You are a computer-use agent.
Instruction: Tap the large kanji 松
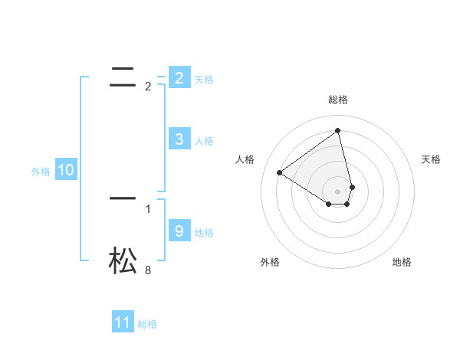tap(123, 260)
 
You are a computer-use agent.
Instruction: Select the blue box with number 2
tap(179, 78)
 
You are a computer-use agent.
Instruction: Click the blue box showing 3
tap(179, 139)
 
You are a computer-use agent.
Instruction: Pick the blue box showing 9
tap(179, 231)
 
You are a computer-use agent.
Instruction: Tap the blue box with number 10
tap(66, 171)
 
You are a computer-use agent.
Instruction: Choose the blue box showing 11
tap(123, 322)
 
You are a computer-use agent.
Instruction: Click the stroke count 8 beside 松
tap(148, 270)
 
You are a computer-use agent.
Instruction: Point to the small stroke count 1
tap(148, 208)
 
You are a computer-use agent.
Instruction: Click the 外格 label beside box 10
tap(41, 172)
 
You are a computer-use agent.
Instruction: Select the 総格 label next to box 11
tap(147, 324)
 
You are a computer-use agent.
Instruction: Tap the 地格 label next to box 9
tap(204, 233)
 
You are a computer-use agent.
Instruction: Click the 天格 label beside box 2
tap(204, 80)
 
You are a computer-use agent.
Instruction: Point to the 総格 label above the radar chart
tap(338, 100)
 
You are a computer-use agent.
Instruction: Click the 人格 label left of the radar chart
tap(245, 159)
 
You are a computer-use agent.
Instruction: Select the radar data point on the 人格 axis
tap(280, 172)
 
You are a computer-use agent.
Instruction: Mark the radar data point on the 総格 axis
tap(338, 130)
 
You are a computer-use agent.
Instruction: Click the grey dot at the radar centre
tap(338, 191)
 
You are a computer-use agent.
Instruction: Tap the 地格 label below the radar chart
tap(402, 262)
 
